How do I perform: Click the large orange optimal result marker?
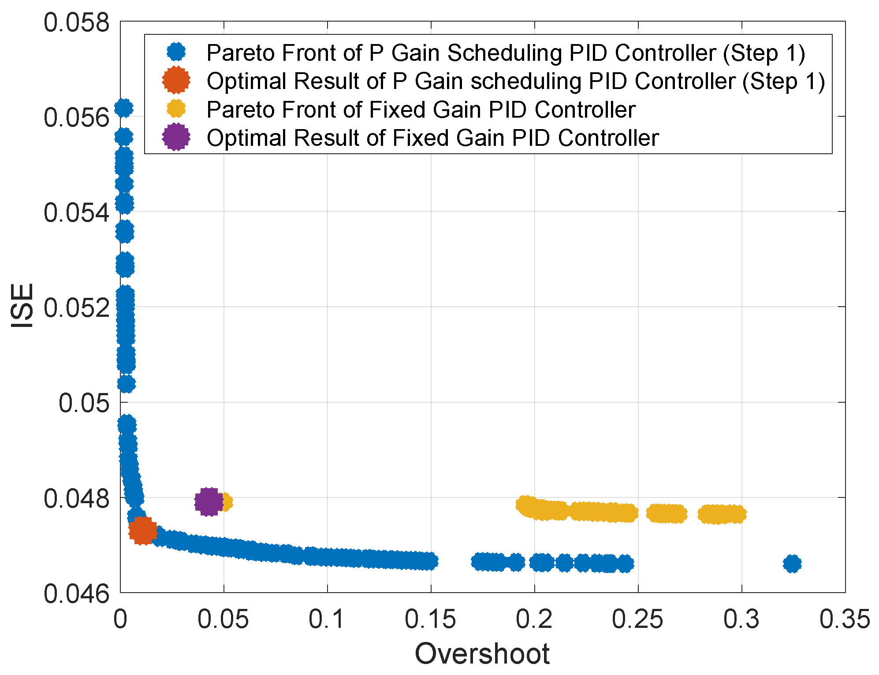(x=142, y=530)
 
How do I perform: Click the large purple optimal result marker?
(x=209, y=501)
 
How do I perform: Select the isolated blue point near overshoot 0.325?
(x=792, y=564)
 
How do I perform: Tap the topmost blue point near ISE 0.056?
(x=124, y=108)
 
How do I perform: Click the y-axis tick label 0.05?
(x=84, y=403)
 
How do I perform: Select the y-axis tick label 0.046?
(x=76, y=593)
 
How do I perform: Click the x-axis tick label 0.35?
(x=845, y=619)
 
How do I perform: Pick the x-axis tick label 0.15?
(x=430, y=619)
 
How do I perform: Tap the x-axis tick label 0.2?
(x=534, y=619)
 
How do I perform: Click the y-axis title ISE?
(x=22, y=306)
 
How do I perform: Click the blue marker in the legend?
(x=176, y=52)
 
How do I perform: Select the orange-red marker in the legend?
(x=176, y=80)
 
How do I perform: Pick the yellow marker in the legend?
(x=176, y=109)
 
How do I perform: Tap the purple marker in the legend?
(x=176, y=137)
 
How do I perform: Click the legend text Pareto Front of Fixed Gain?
(x=421, y=109)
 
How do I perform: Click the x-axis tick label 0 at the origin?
(x=120, y=619)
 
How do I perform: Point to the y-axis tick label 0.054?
(x=76, y=213)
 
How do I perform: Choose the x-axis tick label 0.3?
(x=741, y=619)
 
